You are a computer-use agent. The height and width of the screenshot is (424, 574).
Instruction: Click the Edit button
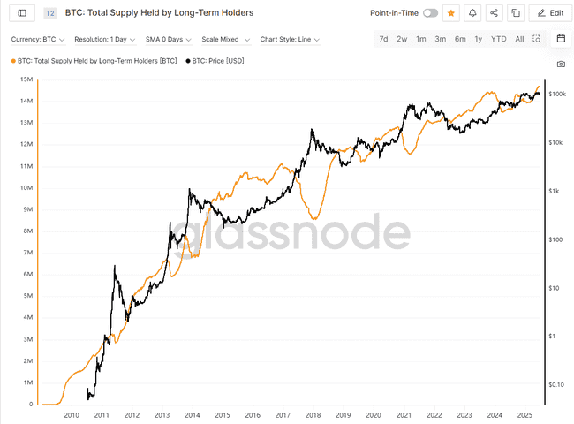[x=549, y=13]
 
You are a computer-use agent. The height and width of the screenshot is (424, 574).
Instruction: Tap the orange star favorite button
[x=451, y=13]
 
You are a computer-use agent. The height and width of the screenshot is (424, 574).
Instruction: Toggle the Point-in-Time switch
[x=430, y=13]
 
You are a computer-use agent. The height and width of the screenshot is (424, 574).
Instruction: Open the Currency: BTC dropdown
[x=37, y=40]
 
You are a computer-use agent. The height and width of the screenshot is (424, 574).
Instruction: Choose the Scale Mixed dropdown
[x=225, y=40]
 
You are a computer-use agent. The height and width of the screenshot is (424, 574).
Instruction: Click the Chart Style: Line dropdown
[x=290, y=40]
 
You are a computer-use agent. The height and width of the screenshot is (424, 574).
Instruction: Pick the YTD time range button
[x=499, y=40]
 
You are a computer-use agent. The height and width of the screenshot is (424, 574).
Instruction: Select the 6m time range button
[x=460, y=40]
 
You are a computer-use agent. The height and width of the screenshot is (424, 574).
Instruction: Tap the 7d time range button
[x=382, y=40]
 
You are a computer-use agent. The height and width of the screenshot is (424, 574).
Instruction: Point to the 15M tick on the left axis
[x=26, y=79]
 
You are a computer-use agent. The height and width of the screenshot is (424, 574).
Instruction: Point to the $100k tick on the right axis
[x=556, y=94]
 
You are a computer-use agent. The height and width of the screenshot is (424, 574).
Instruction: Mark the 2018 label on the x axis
[x=313, y=414]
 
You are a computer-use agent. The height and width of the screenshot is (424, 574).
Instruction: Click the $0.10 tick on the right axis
[x=556, y=384]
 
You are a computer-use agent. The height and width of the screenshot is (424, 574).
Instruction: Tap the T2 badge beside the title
[x=49, y=13]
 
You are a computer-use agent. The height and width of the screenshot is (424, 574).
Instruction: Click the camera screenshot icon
[x=561, y=64]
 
